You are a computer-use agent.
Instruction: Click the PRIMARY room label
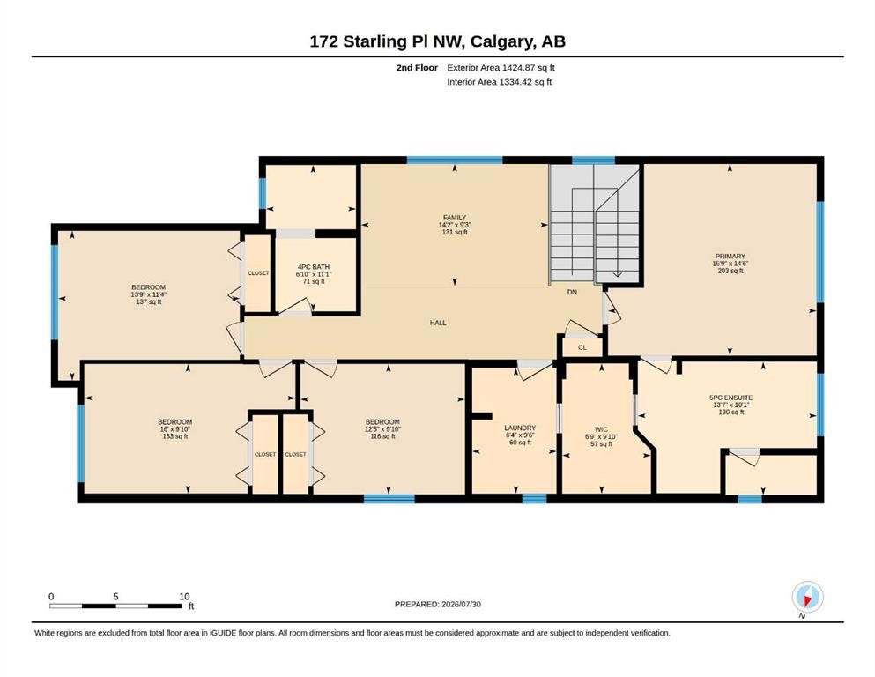tap(730, 257)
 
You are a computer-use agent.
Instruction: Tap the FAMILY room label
tap(454, 218)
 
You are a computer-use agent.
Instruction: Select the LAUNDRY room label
tap(520, 428)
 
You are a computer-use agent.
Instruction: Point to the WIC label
tap(601, 430)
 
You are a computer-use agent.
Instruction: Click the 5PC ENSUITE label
tap(730, 398)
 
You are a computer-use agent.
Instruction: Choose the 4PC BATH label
tap(313, 267)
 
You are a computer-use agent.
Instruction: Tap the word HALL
tap(438, 323)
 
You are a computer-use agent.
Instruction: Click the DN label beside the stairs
tap(572, 292)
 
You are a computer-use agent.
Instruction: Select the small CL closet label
tap(582, 347)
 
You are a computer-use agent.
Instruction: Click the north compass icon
tap(807, 598)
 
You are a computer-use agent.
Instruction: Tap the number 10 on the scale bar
tap(184, 596)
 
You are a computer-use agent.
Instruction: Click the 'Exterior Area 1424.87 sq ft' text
tap(501, 68)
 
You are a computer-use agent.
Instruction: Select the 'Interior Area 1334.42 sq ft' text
tap(500, 82)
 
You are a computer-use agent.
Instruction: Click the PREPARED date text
tap(437, 604)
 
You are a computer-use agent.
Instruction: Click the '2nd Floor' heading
tap(417, 68)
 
